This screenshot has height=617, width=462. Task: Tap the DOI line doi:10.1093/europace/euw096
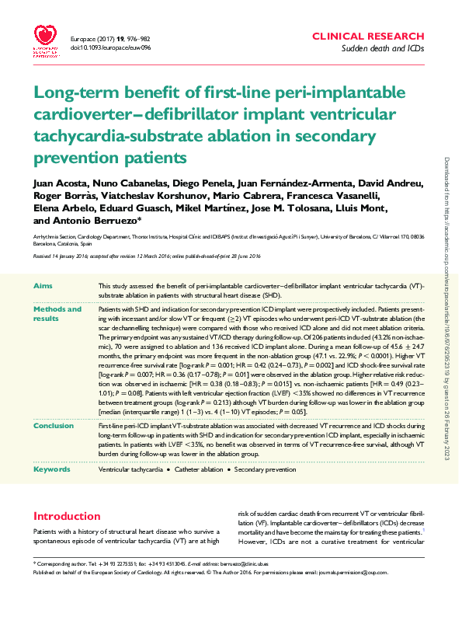point(110,47)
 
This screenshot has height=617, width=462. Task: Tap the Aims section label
point(43,287)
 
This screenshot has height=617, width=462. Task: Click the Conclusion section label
point(54,425)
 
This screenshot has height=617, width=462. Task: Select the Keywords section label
point(51,469)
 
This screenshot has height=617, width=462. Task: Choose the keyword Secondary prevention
point(265,470)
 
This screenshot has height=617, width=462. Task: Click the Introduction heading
point(67,516)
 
